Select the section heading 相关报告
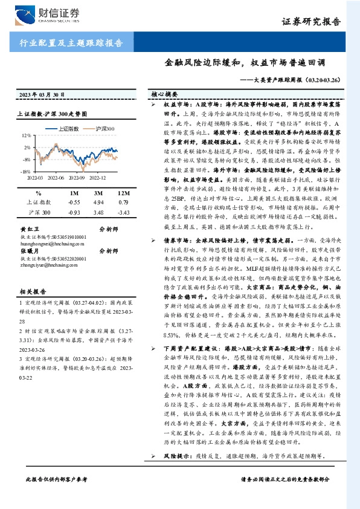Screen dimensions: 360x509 (30, 291)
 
